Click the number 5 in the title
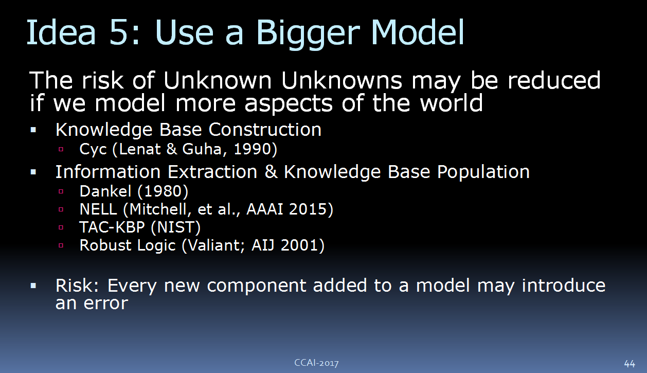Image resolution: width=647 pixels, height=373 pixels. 118,32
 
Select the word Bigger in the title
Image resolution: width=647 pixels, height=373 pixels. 308,34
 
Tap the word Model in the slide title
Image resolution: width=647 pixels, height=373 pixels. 418,32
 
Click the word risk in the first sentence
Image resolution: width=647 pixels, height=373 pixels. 102,80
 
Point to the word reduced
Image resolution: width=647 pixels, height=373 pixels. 554,80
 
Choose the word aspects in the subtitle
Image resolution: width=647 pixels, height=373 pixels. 288,104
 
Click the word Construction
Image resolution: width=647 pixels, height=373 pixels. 265,130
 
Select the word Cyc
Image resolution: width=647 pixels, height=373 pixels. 93,150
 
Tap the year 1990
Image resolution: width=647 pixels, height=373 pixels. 253,149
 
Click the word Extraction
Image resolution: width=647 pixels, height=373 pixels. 212,172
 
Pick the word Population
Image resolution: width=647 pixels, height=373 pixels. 483,172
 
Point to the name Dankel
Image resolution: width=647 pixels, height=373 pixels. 105,191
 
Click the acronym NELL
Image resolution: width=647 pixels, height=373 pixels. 98,209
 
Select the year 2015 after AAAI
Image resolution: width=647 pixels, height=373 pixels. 308,209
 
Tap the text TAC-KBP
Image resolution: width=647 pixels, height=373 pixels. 112,227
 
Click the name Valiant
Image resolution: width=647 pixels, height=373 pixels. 214,245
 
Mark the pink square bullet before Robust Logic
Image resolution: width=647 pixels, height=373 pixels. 61,245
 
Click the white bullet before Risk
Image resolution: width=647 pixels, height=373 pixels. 33,286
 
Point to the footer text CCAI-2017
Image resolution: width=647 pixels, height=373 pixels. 316,363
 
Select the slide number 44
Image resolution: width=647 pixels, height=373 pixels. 630,363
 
